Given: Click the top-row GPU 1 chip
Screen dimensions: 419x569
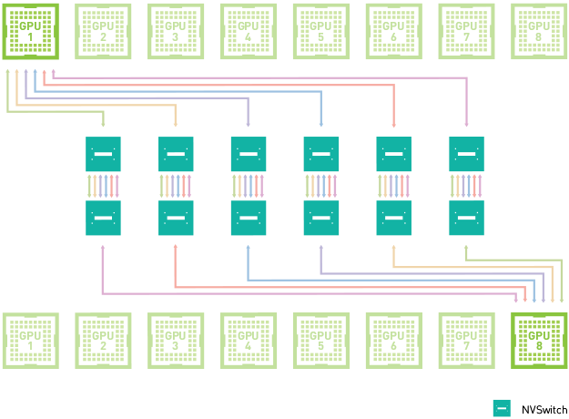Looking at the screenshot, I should click(30, 31).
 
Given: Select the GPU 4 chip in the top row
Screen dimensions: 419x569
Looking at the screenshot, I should click(249, 31).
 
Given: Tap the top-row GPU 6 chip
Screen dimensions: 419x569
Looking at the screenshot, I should click(393, 31).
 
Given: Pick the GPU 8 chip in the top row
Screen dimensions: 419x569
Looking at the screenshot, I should click(539, 31).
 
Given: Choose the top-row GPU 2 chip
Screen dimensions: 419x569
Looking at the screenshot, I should click(103, 31).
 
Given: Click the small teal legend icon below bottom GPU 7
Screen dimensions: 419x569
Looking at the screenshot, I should click(502, 408).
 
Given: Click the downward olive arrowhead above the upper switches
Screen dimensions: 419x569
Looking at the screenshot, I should click(103, 124).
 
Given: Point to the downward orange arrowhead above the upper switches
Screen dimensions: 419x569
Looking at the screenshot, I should click(176, 124).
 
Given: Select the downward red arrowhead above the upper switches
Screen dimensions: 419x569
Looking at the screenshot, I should click(393, 124).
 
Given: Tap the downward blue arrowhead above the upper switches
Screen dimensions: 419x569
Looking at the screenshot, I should click(320, 124).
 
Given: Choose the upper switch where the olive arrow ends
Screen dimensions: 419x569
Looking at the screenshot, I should click(103, 154).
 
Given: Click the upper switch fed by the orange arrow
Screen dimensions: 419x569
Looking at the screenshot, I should click(176, 154).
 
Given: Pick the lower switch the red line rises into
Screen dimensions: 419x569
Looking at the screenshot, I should click(176, 219).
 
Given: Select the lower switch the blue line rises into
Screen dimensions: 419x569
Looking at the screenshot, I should click(248, 219).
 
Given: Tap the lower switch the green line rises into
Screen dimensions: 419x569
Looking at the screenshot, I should click(466, 219).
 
